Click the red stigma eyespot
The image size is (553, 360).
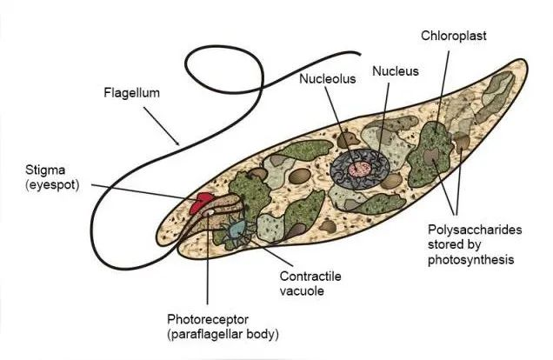tap(200, 203)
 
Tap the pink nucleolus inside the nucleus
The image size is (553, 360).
tap(360, 170)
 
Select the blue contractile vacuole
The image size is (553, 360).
tap(236, 230)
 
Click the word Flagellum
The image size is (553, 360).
tap(131, 93)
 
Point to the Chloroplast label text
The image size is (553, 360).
tap(454, 36)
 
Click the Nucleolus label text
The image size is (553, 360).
tap(327, 78)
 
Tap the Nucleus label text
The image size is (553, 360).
tap(396, 71)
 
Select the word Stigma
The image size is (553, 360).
tap(45, 170)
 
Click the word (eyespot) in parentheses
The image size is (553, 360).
tap(52, 185)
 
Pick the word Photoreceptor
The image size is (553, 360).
tap(208, 319)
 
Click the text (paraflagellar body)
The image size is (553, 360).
tap(223, 334)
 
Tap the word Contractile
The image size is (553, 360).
tap(310, 276)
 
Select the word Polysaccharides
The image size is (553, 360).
tap(475, 230)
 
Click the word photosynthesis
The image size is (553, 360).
tap(470, 260)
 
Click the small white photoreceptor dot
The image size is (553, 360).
tap(210, 212)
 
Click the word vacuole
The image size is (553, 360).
tap(302, 291)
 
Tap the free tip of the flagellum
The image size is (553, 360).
tap(360, 54)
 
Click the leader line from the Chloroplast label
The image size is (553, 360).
tap(443, 92)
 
